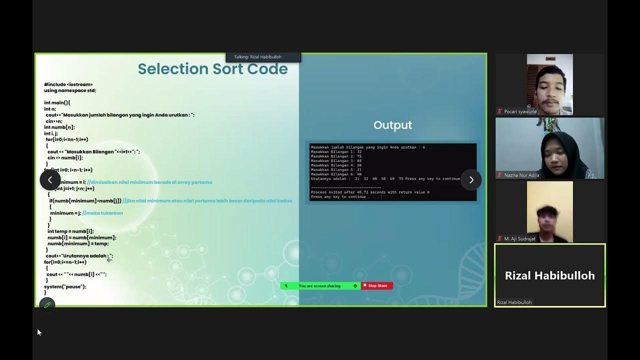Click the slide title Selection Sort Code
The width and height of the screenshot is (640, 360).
(x=212, y=69)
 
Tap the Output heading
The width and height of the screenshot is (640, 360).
(x=392, y=125)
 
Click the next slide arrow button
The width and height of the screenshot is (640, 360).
(x=471, y=180)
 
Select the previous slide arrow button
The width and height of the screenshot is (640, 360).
(x=50, y=180)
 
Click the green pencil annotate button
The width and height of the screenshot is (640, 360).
(x=47, y=304)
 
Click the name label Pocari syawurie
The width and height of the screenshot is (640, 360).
(x=520, y=111)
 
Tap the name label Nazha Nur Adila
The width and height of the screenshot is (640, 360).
(x=521, y=175)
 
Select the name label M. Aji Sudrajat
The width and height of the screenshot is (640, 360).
(x=519, y=238)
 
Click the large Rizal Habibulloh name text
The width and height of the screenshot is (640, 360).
(x=549, y=275)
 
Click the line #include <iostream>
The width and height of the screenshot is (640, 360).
(x=68, y=84)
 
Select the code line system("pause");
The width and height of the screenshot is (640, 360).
(x=65, y=286)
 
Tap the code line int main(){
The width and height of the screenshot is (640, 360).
(x=57, y=102)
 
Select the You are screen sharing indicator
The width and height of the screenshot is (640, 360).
(x=319, y=286)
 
